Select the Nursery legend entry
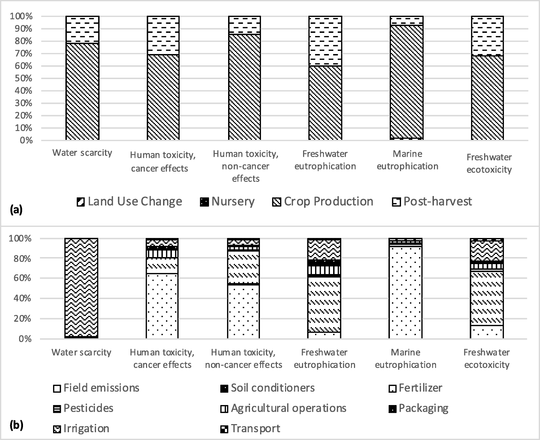(x=227, y=202)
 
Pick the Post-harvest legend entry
(x=432, y=202)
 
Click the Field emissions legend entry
(x=95, y=388)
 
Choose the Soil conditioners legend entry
(x=267, y=388)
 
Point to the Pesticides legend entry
(x=83, y=409)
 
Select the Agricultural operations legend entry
(x=283, y=409)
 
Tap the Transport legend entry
(x=250, y=429)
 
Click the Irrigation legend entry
(x=81, y=429)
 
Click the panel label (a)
(x=16, y=210)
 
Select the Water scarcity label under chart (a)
(x=82, y=153)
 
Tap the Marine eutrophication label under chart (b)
(x=405, y=358)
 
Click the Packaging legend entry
(x=418, y=409)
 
